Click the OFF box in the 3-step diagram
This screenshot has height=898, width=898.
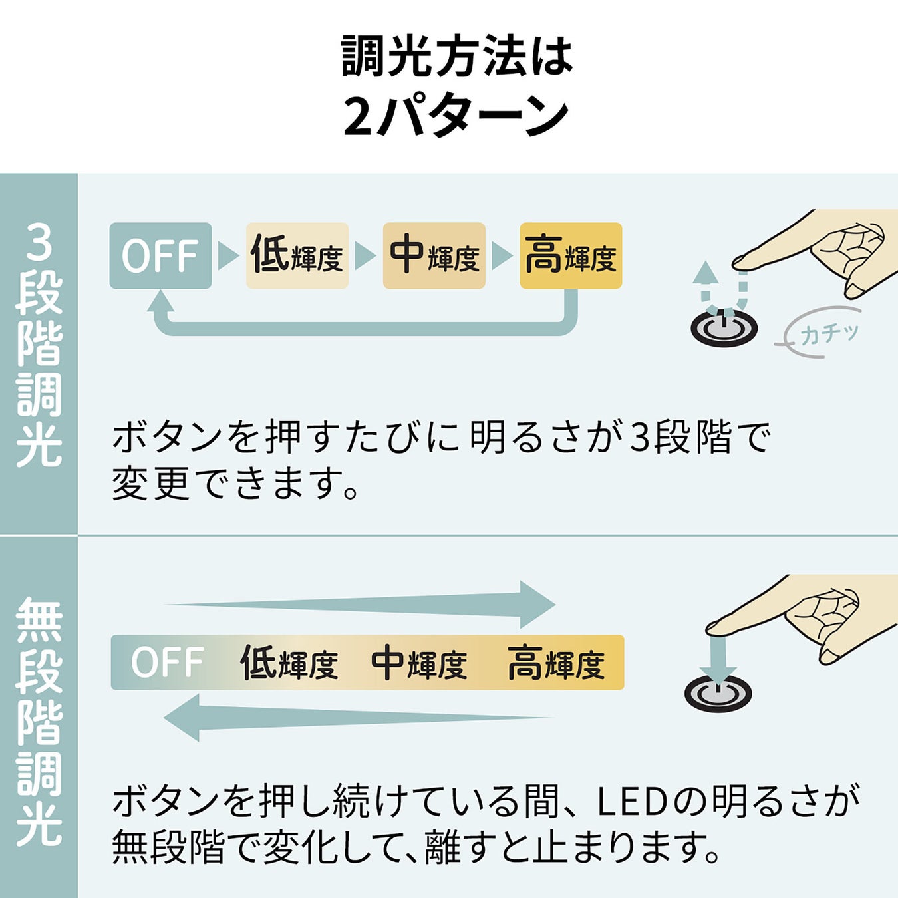click(160, 255)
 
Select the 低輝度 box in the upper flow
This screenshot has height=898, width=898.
click(297, 255)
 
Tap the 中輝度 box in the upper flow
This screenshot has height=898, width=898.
click(434, 255)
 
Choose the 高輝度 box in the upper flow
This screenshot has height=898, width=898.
click(571, 255)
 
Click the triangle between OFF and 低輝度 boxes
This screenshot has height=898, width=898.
click(227, 255)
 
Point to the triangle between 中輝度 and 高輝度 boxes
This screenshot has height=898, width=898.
click(501, 255)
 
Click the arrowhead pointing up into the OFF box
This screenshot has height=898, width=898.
click(160, 302)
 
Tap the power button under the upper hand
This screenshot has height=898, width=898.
click(724, 327)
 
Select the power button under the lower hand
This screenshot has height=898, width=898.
click(718, 693)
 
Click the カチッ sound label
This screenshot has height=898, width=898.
click(829, 333)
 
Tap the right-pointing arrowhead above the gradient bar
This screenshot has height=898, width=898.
click(536, 604)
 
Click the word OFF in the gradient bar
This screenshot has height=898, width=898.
click(167, 663)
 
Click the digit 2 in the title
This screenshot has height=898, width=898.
click(357, 117)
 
